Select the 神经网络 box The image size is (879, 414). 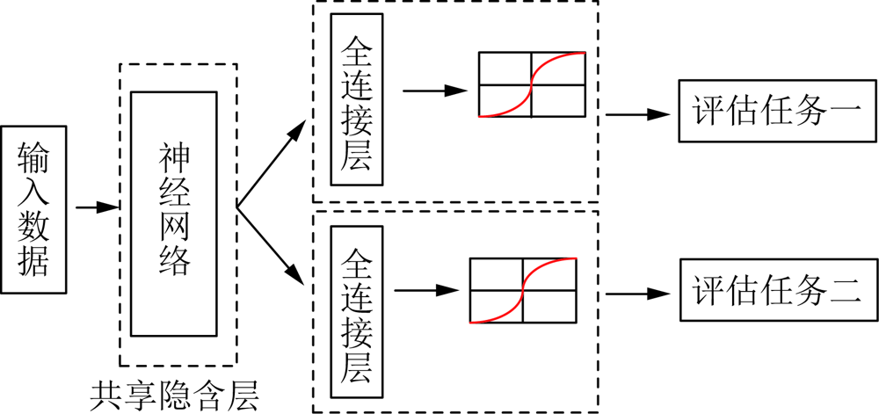(x=173, y=214)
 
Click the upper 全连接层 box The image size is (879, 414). (x=356, y=100)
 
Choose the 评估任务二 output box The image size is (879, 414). (x=779, y=291)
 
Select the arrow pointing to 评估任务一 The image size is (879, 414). (x=637, y=113)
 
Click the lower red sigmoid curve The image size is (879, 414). (x=522, y=290)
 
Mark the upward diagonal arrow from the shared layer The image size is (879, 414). (x=271, y=165)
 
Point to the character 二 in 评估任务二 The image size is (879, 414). (x=846, y=291)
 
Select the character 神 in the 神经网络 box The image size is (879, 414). (x=173, y=158)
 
